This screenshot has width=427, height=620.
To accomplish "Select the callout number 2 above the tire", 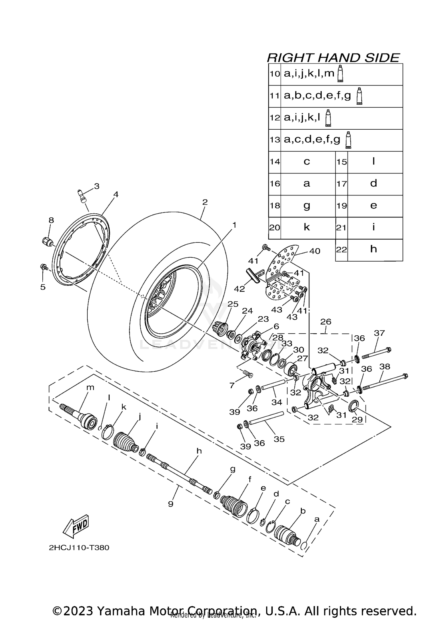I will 205,202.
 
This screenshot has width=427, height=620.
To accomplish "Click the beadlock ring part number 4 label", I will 116,194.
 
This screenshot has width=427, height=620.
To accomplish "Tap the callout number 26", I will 326,322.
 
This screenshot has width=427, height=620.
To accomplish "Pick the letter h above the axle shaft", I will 199,451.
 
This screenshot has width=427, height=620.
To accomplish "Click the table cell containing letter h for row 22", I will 373,249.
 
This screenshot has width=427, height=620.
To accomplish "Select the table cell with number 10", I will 275,74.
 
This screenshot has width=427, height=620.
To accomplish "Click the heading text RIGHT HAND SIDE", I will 333,58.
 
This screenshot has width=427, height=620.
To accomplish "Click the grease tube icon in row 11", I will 360,96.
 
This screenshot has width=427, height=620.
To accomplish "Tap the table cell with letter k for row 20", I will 307,227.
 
